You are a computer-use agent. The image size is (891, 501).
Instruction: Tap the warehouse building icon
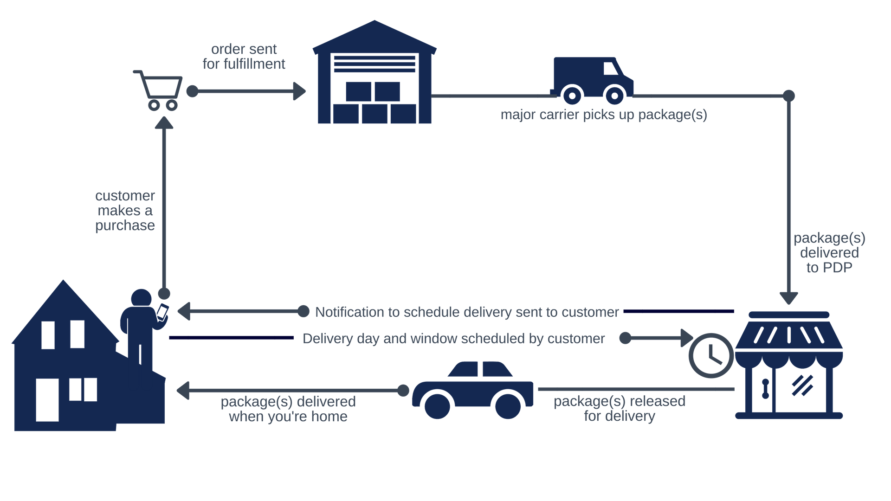coord(374,74)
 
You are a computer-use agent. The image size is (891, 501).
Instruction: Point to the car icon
coord(472,390)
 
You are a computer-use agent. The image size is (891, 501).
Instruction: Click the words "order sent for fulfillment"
coord(244,57)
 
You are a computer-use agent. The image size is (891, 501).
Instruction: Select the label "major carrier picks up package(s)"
coord(603,115)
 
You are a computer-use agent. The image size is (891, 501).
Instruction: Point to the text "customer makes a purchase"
coord(125,211)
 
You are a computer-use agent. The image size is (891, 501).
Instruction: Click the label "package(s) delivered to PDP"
coord(829,253)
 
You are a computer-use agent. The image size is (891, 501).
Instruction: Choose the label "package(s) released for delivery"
coord(620,408)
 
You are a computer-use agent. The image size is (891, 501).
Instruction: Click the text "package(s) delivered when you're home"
coord(288,409)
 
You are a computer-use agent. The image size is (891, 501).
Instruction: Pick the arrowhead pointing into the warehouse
coord(299,91)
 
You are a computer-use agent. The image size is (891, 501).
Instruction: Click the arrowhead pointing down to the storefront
coord(788,297)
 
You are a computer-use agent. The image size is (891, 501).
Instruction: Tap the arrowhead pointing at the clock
coord(686,338)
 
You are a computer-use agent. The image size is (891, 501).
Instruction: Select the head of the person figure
coord(141,298)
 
